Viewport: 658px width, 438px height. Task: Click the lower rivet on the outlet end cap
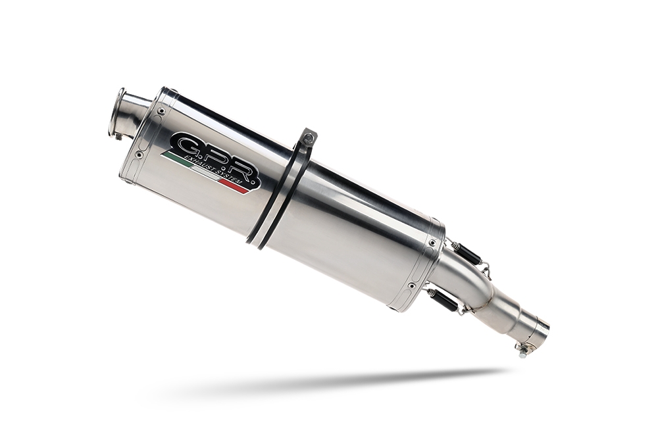[138, 155]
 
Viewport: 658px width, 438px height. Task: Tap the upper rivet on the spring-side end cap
[432, 243]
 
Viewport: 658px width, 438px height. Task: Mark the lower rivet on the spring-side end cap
[411, 285]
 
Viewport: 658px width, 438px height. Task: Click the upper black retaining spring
[466, 253]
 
